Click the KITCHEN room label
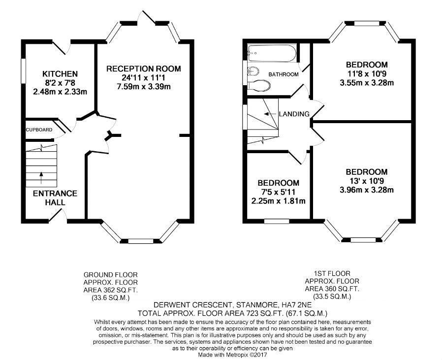tap(60, 74)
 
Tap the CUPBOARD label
tap(39, 130)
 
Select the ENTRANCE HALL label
tap(55, 198)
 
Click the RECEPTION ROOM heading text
tap(144, 68)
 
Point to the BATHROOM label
tap(284, 74)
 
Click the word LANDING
tap(294, 114)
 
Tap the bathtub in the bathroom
tap(272, 53)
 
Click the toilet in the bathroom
tap(259, 85)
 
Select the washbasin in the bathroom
tap(253, 71)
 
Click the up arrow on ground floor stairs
tap(41, 178)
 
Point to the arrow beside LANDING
tap(270, 114)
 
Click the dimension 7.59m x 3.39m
tap(144, 87)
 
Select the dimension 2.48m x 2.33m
tap(60, 92)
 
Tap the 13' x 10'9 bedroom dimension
tap(367, 181)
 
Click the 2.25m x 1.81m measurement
tap(278, 201)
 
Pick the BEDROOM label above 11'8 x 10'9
tap(367, 65)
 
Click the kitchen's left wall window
tap(24, 70)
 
